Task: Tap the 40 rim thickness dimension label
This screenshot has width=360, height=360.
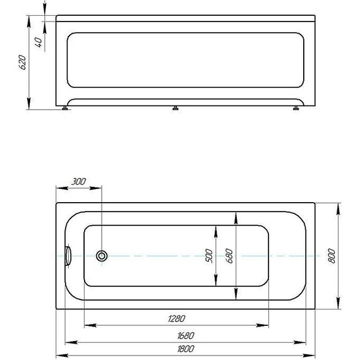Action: (39, 42)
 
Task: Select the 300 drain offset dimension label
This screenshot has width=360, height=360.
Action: (78, 182)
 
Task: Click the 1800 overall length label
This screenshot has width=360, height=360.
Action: (184, 349)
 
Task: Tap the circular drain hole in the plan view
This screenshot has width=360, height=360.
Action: (102, 256)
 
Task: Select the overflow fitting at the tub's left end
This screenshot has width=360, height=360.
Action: (69, 256)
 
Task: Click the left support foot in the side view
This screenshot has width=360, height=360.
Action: (66, 109)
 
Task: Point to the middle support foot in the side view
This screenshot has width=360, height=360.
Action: (174, 109)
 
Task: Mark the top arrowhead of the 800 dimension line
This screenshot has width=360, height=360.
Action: (338, 207)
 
